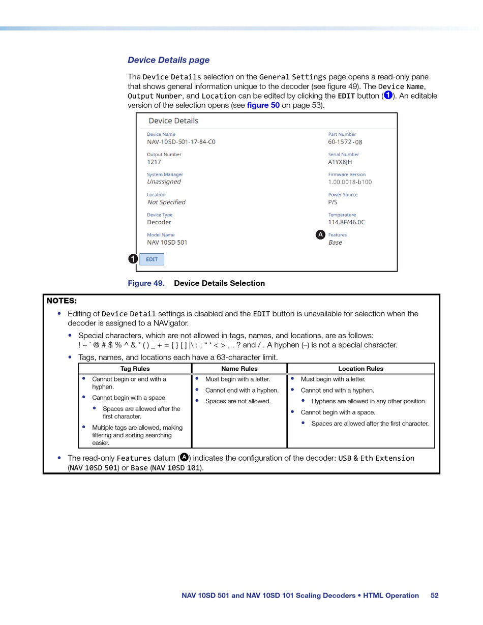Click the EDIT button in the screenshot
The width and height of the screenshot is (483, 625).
(x=152, y=259)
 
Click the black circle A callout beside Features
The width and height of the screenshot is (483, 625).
(x=320, y=234)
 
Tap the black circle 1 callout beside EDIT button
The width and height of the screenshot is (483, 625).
(x=133, y=259)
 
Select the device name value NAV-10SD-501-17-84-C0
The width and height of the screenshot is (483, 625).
(x=181, y=142)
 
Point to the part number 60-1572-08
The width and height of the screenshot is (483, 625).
(x=345, y=142)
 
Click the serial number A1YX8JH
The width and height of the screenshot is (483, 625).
(x=340, y=162)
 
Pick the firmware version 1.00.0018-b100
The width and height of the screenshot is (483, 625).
(x=350, y=182)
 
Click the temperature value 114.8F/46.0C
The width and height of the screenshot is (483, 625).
(x=346, y=222)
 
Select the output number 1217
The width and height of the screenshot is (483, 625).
(x=154, y=162)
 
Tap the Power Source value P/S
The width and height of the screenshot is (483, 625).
(x=333, y=202)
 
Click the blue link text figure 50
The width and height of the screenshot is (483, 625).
(x=263, y=105)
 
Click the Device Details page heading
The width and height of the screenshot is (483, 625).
(x=168, y=60)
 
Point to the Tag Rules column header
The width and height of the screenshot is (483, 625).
(x=135, y=369)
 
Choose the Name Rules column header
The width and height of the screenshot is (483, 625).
(x=239, y=369)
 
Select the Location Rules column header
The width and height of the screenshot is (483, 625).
(x=360, y=369)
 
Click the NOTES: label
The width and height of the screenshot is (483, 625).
(x=62, y=301)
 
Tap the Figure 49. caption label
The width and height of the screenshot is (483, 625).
(x=146, y=283)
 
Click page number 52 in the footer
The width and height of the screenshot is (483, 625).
(x=434, y=596)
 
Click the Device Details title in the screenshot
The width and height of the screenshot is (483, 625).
(x=173, y=121)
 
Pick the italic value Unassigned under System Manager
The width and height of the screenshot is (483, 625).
(x=164, y=182)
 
